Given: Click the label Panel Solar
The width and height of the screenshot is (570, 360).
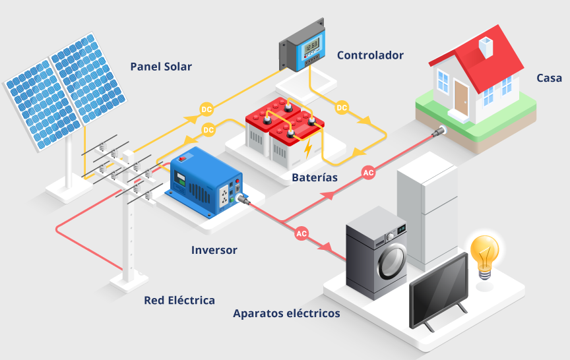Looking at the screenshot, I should point(161,67).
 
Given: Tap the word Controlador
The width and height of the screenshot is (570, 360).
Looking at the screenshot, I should point(370,55).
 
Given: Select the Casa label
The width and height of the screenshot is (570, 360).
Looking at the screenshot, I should point(549,78).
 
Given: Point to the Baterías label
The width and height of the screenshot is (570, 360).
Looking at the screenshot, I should point(315,177).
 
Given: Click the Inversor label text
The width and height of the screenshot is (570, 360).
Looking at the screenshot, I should point(214,250).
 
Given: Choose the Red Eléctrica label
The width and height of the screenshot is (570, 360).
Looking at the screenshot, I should point(179,300).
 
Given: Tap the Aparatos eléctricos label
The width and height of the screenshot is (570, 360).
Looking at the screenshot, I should point(286,313).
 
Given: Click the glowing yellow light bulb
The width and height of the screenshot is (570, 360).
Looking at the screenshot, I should point(485,253).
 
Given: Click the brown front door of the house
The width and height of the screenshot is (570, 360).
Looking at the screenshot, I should point(460,98).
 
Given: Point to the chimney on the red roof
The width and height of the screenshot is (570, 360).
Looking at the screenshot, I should point(486,45).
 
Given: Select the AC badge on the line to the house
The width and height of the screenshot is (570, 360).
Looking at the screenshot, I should point(369,173).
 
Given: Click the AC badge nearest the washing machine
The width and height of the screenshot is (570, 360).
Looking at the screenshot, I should point(301,233).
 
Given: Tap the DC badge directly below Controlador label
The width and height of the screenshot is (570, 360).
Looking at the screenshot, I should point(342,107).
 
